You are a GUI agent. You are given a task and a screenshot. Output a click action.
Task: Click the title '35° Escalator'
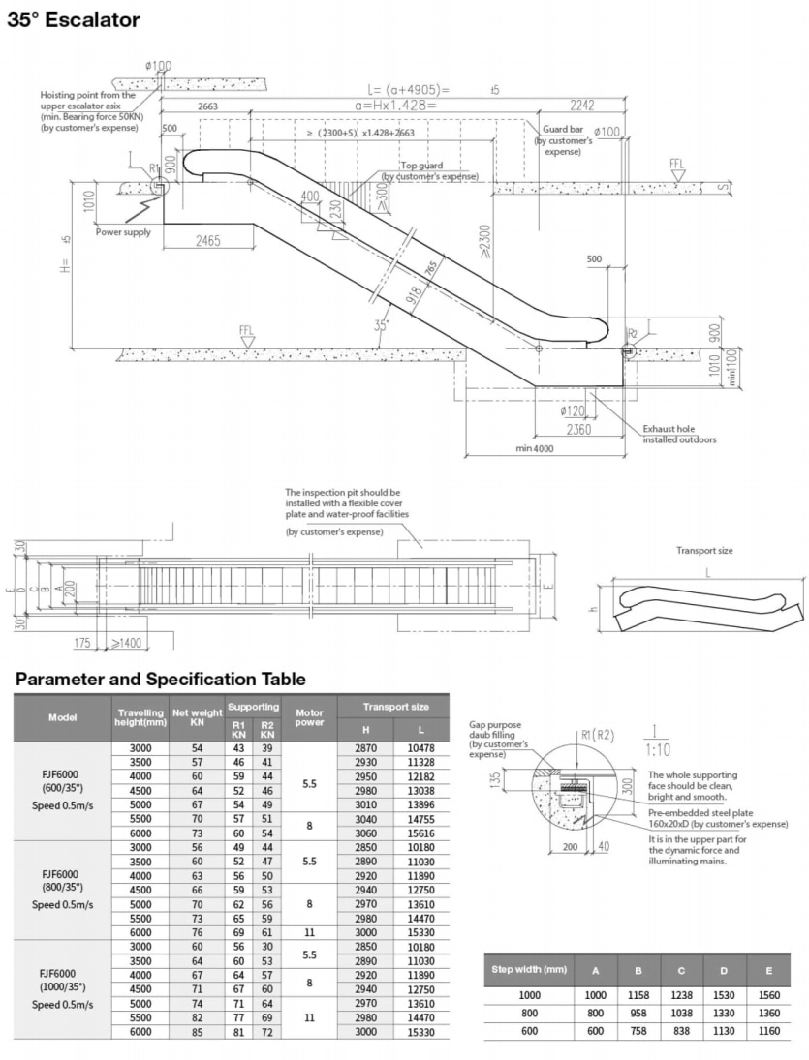[x=74, y=19]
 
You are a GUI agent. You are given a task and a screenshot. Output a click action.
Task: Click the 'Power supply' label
[x=123, y=232]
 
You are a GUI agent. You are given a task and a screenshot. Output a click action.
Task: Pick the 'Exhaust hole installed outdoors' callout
[x=679, y=434]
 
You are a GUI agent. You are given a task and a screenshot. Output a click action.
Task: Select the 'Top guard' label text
[x=421, y=166]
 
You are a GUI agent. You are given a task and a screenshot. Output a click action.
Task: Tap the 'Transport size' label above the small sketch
[x=704, y=551]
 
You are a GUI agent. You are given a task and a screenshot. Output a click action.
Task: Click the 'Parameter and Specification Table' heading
[x=160, y=679]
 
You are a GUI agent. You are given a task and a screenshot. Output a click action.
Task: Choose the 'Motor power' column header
[x=309, y=717]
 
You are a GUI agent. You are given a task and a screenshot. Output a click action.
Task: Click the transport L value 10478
[x=420, y=748]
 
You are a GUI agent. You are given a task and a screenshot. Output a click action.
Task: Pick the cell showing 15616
[x=420, y=833]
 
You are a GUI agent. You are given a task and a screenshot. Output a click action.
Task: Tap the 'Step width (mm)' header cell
[x=528, y=969]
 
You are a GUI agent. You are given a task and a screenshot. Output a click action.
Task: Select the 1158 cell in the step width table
[x=639, y=994]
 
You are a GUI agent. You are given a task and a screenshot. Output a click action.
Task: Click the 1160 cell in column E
[x=768, y=1031]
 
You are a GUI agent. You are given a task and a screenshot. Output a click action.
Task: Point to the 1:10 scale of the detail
[x=655, y=749]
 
